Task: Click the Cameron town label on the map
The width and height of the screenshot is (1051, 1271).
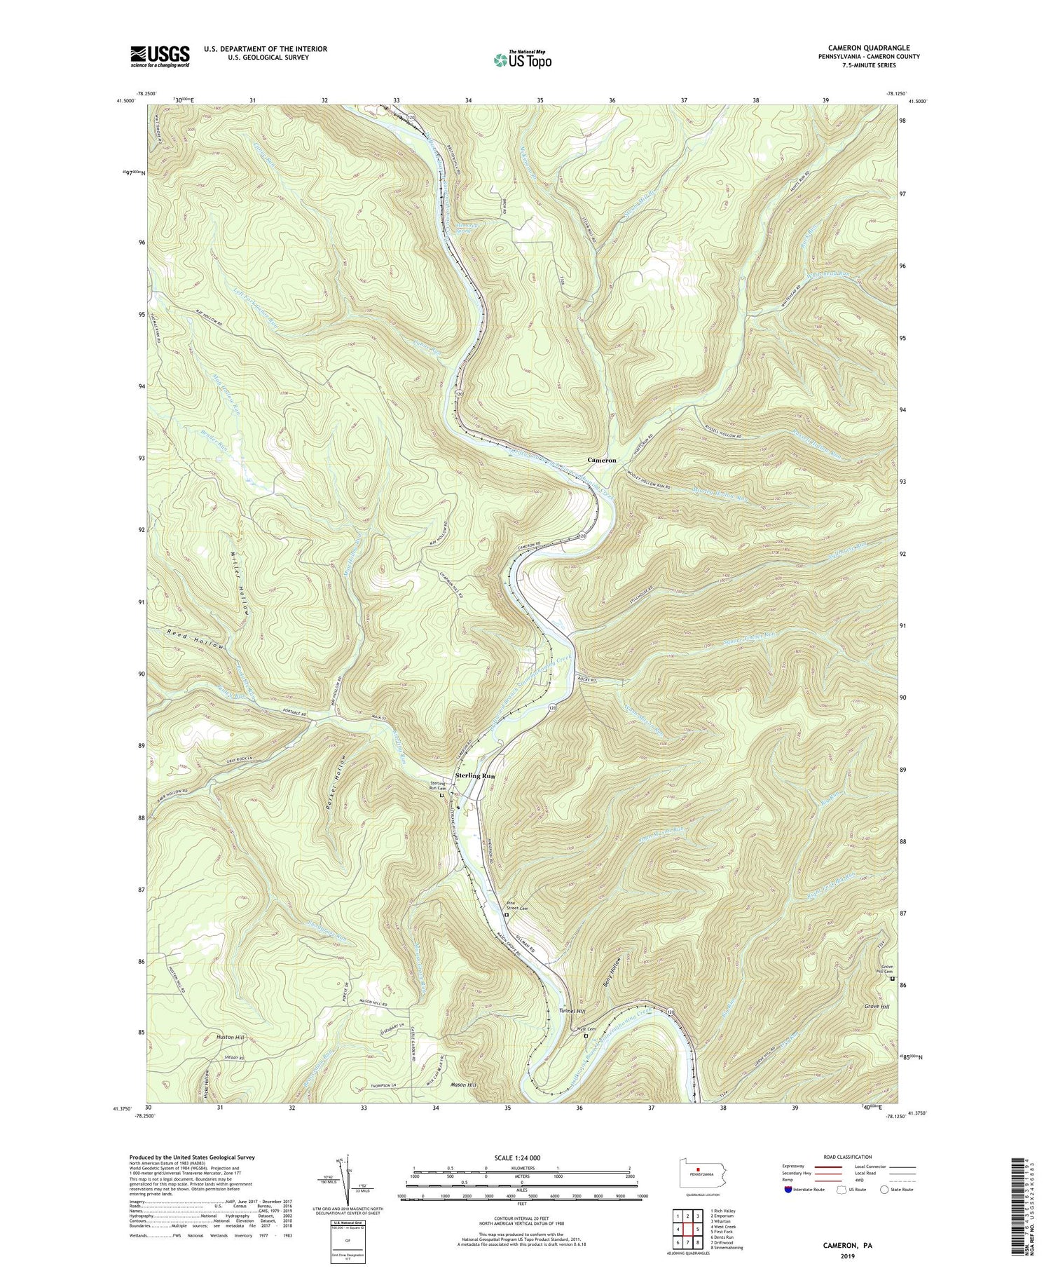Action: (601, 460)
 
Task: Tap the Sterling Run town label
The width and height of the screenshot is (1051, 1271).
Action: (475, 776)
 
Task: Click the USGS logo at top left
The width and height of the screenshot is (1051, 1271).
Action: (160, 57)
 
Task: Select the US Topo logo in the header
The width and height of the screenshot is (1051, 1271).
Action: (522, 60)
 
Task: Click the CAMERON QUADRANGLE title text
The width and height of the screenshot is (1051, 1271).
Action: (863, 48)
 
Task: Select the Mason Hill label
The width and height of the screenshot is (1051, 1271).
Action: (463, 1085)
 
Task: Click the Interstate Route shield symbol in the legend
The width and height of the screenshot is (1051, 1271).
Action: (788, 1189)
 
